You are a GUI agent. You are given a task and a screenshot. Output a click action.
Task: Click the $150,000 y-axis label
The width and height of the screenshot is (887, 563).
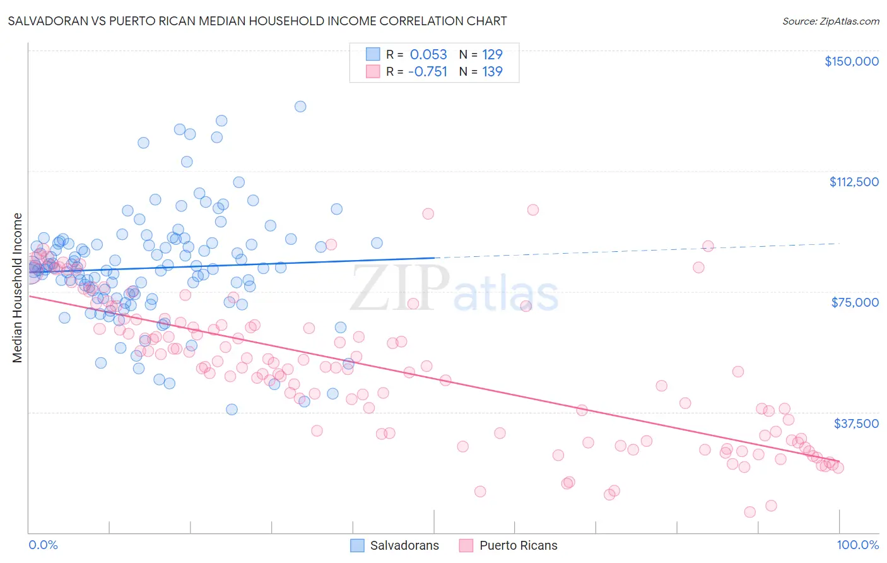[x=852, y=61]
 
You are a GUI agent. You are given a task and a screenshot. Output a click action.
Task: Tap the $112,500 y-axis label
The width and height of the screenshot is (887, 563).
[x=854, y=182]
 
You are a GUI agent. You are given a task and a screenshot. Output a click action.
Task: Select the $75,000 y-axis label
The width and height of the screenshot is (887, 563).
[x=855, y=302]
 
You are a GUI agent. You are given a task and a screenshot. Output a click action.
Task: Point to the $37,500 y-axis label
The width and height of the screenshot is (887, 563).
[x=856, y=424]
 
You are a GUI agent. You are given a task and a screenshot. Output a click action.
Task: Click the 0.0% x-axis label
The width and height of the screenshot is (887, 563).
[x=43, y=545]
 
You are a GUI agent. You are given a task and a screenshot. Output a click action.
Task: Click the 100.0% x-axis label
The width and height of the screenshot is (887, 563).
[x=857, y=545]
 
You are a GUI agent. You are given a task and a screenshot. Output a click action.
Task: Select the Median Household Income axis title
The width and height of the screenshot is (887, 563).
[x=17, y=288]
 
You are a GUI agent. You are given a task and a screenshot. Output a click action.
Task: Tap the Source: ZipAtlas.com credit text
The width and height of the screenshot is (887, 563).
[x=830, y=21]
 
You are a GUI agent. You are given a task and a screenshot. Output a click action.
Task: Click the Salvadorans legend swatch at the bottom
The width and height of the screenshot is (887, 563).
[x=358, y=545]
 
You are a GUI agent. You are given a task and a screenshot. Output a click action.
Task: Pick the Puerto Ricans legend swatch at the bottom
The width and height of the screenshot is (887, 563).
[x=466, y=545]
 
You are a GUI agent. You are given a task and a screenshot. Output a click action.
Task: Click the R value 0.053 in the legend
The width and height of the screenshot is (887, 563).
[x=428, y=55]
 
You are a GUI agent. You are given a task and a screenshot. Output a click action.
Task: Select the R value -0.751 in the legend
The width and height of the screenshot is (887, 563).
[x=427, y=72]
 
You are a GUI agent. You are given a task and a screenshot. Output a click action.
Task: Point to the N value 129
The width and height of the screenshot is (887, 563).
[x=492, y=55]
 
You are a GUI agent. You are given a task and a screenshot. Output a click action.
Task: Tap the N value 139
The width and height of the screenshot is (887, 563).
[x=492, y=72]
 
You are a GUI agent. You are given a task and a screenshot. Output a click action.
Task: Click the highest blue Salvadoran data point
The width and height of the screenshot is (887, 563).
[x=300, y=107]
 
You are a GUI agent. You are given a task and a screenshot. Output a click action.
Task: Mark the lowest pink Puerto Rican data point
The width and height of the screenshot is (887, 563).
[x=749, y=512]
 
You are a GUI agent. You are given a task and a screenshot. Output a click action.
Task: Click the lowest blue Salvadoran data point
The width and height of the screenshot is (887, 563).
[x=232, y=410]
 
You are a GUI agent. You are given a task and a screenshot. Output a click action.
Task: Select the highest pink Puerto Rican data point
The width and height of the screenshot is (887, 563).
[x=533, y=210]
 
